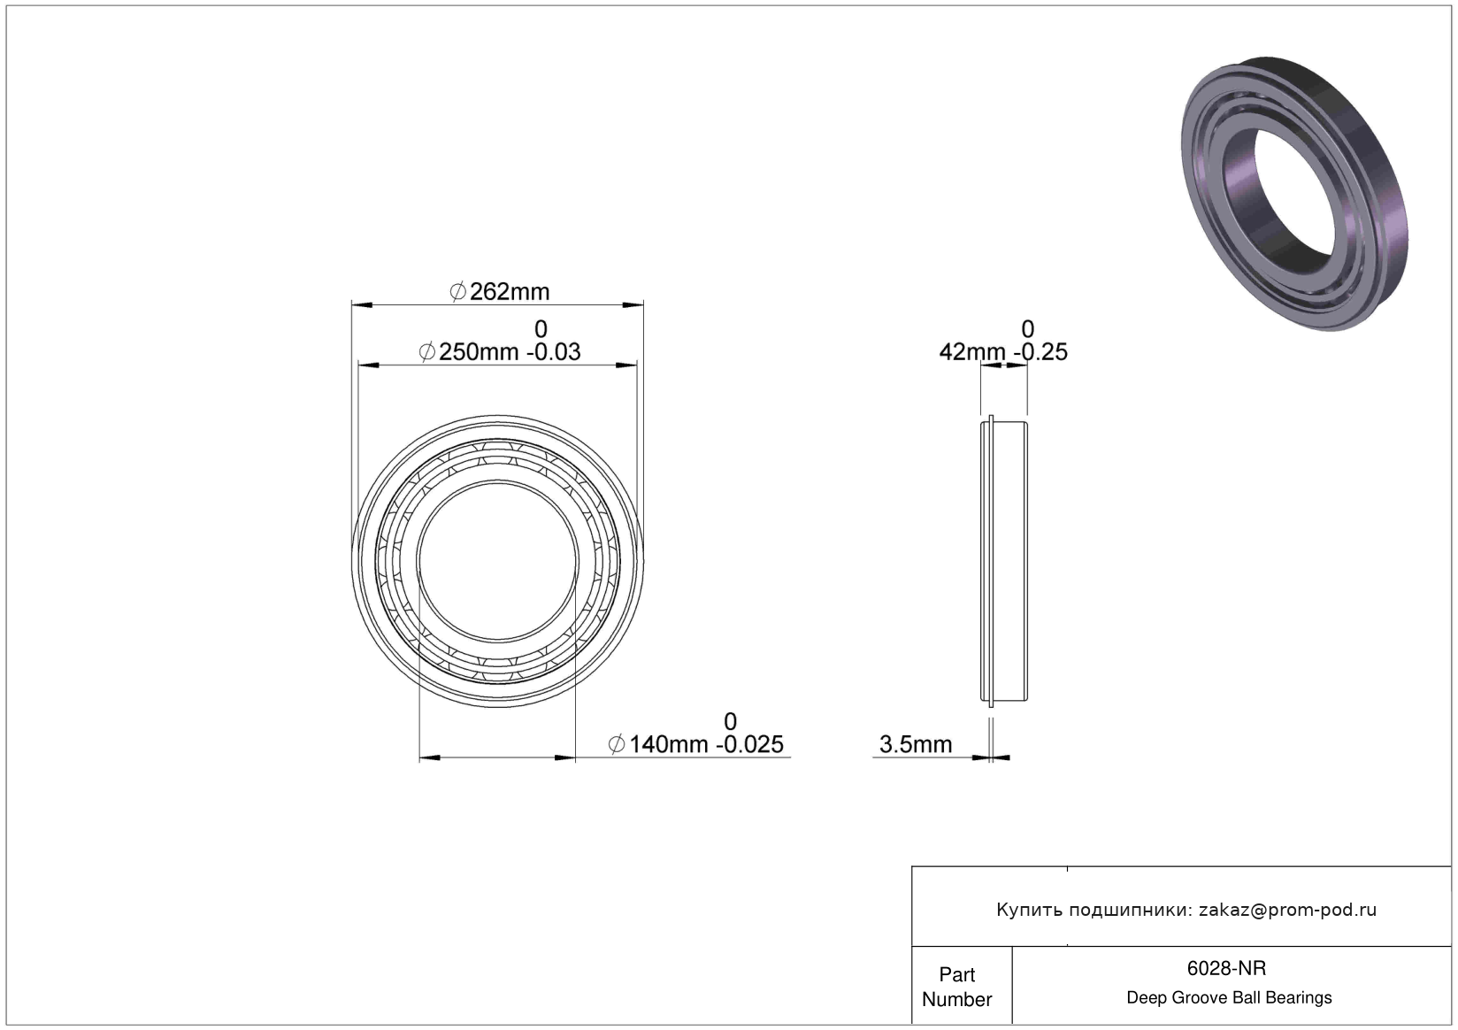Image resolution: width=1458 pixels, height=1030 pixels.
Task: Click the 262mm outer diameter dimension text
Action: (509, 292)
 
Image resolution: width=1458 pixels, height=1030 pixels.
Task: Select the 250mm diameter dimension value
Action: (479, 352)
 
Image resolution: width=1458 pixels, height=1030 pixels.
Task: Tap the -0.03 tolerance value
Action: (553, 352)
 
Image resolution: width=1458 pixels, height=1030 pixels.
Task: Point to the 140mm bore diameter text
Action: (669, 744)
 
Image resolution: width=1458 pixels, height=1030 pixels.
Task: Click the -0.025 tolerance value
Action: (750, 744)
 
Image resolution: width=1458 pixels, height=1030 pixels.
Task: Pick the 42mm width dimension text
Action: (971, 352)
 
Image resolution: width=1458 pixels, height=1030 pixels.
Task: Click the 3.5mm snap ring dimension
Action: (915, 744)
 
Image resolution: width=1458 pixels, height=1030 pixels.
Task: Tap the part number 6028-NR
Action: (1226, 969)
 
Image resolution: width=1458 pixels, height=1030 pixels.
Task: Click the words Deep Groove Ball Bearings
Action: (1229, 997)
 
